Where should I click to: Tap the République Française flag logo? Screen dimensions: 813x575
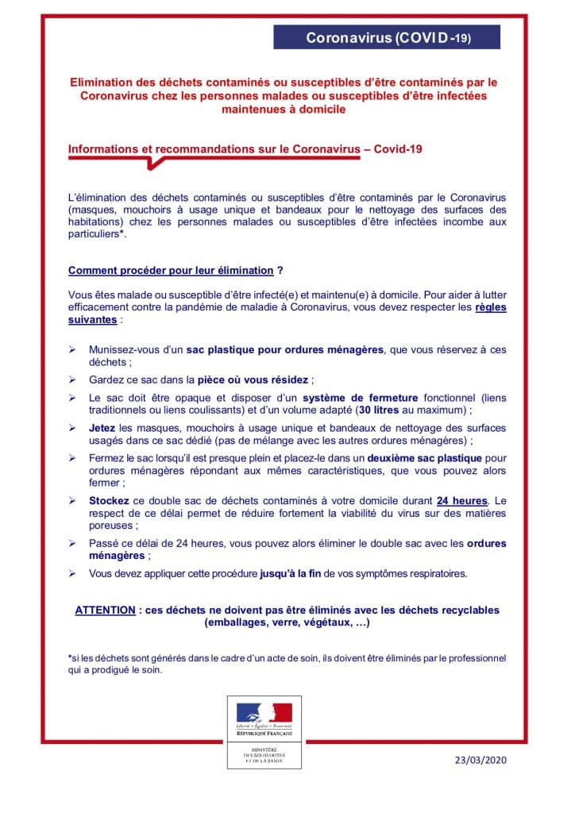(x=260, y=714)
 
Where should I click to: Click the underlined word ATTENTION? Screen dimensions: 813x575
(x=105, y=611)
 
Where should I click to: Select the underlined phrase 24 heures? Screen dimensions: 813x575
(x=461, y=502)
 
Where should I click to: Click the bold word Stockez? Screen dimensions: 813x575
(x=106, y=502)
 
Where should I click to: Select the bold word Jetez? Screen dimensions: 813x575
(x=102, y=428)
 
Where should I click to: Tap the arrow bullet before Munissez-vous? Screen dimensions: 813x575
(x=72, y=349)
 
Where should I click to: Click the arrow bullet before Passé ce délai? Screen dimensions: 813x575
(x=72, y=543)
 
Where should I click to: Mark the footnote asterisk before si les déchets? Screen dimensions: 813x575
(x=70, y=657)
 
